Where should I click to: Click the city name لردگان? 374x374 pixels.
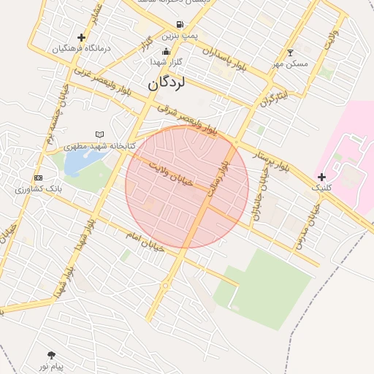(x=167, y=83)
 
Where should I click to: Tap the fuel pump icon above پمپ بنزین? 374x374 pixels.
(x=180, y=24)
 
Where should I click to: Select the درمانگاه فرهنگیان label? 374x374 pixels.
(x=81, y=48)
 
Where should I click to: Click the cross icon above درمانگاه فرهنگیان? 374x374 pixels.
(x=81, y=37)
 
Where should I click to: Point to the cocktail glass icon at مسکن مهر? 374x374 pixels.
(x=291, y=53)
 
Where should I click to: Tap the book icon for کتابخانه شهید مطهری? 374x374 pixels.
(x=100, y=134)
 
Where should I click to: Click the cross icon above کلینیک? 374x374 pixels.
(x=321, y=177)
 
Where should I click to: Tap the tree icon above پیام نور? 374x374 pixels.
(x=50, y=354)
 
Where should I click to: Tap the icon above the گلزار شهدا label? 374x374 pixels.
(x=167, y=51)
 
